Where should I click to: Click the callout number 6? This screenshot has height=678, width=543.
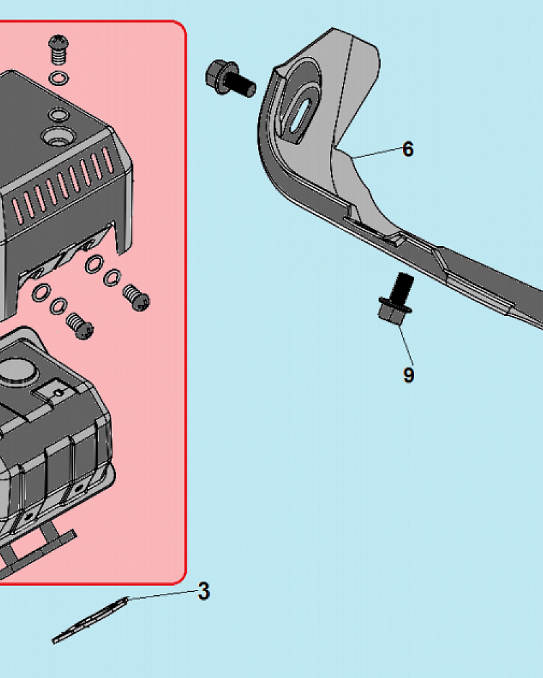408,149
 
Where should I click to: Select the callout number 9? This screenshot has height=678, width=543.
409,374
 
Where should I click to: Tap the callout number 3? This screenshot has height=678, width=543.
204,591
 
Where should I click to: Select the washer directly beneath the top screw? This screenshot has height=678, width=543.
59,79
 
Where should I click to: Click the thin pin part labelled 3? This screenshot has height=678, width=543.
90,620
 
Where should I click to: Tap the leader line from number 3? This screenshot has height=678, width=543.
164,595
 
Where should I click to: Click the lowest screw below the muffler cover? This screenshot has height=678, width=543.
79,326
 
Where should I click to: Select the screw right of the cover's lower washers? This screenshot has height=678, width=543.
136,297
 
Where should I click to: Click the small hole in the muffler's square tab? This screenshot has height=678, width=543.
60,393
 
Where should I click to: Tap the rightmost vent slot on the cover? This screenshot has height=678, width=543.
107,160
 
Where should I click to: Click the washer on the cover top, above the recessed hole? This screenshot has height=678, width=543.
59,115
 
